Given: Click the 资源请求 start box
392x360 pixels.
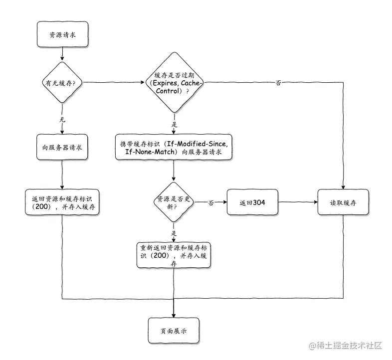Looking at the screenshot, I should click(62, 35).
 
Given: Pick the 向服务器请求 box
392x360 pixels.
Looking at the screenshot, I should click(62, 148).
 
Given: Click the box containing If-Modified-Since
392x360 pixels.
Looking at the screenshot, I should click(173, 148).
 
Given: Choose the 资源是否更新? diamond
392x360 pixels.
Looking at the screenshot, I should click(173, 202).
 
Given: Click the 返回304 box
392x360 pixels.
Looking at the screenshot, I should click(252, 202).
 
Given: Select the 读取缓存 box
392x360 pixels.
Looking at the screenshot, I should click(343, 202).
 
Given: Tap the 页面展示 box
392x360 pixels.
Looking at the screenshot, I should click(173, 331).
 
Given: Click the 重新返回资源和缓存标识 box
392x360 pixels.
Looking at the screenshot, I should click(173, 255).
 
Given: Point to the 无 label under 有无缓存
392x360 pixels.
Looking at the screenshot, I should click(62, 120).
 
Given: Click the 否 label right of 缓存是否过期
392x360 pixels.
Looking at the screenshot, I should click(278, 83).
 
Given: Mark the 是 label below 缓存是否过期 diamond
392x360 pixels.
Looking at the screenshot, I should click(174, 124).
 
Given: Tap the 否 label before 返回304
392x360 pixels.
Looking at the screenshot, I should click(210, 203).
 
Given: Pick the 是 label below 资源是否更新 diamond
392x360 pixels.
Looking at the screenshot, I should click(174, 233).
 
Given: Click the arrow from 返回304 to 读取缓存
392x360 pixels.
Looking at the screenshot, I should click(297, 202).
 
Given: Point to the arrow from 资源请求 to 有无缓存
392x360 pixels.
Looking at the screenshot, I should click(62, 53).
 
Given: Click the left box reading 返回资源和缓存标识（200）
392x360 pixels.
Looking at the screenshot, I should click(62, 202).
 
